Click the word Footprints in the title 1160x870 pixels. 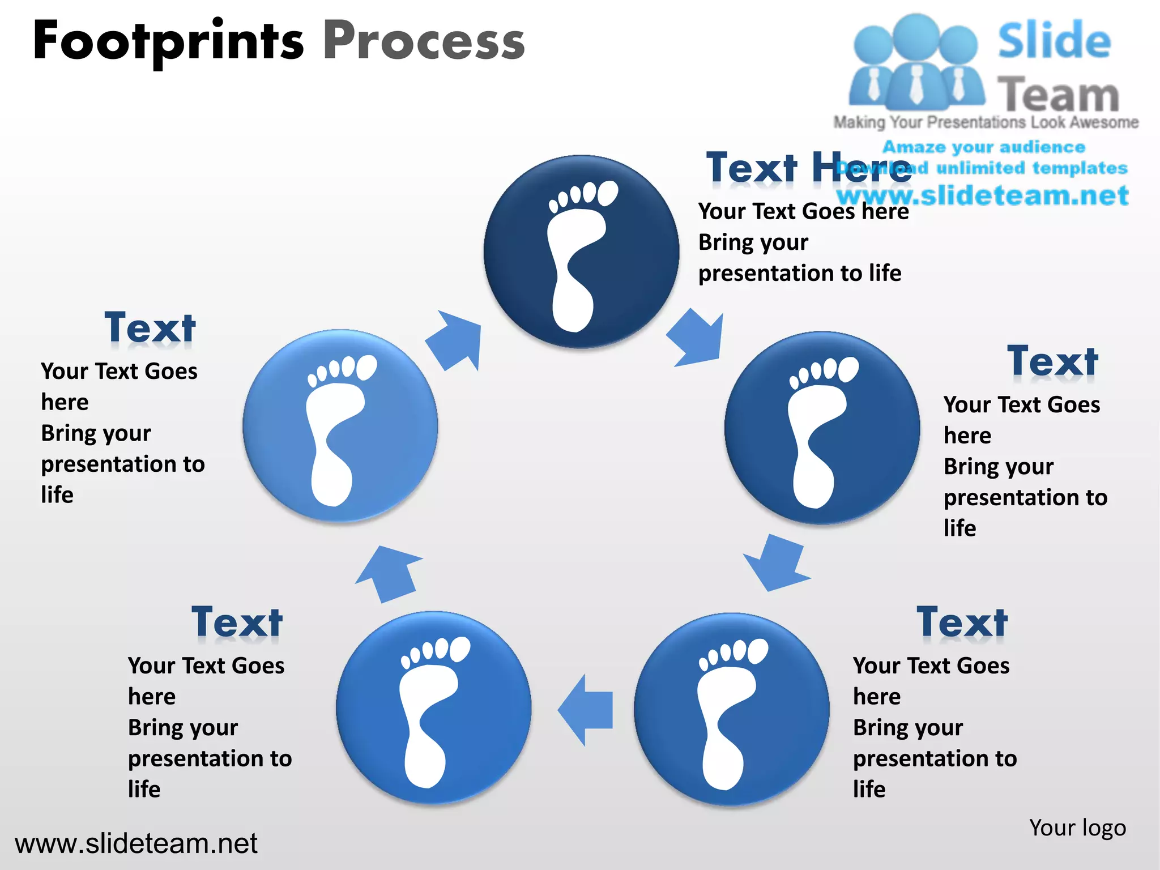click(168, 41)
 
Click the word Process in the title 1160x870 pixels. click(424, 41)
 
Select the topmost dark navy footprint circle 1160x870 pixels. click(581, 251)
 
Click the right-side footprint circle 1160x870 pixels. click(822, 428)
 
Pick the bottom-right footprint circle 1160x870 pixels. click(731, 709)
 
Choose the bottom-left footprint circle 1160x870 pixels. click(433, 707)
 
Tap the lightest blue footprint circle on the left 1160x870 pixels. click(340, 425)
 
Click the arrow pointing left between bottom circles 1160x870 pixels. click(586, 710)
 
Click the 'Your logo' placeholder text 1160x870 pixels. click(1077, 828)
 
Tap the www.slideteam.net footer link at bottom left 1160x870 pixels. click(136, 844)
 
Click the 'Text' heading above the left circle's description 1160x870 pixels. click(150, 328)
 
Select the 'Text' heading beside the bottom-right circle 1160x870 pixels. click(962, 622)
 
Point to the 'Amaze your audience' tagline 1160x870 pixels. click(984, 147)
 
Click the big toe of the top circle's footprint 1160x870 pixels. click(608, 193)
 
